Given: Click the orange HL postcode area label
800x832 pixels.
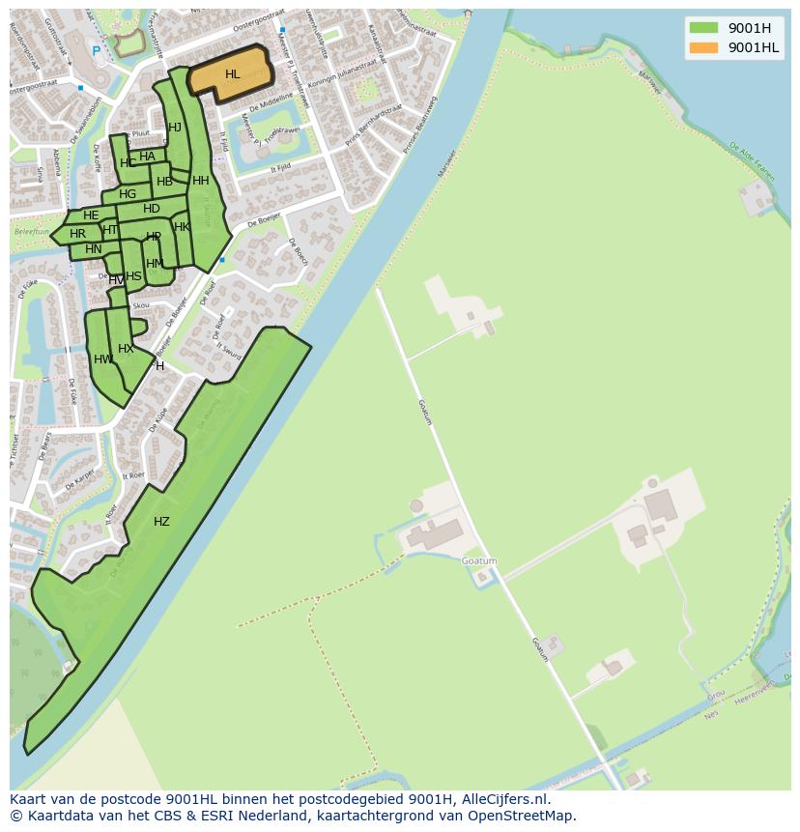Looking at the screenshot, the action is pos(232,74).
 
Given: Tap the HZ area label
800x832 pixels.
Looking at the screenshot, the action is pos(161,522).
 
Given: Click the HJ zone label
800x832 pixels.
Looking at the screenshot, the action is pos(175,128).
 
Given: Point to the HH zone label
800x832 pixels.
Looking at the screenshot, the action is pos(200,181).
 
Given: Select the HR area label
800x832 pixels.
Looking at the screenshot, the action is pos(77,234).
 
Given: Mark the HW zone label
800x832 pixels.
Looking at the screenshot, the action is pos(102,359).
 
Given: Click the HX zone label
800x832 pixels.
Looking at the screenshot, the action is pos(126,349).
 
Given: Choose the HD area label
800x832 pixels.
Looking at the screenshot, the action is pos(152,209).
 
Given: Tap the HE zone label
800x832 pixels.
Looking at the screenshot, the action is pos(91,215).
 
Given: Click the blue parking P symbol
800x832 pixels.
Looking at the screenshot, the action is pos(96,50).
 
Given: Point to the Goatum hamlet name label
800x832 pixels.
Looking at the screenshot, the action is pos(479,560).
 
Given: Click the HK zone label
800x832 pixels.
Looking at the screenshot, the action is pos(182,227).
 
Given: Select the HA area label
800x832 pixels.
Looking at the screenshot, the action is pos(147,157).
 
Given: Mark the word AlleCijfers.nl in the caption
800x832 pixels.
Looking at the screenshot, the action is pos(505,799).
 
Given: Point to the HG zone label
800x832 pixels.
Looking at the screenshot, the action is pos(128,194).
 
